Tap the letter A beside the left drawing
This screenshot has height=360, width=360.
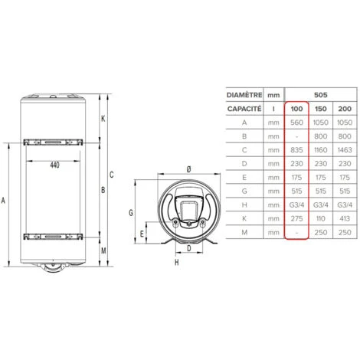pyautogui.click(x=5, y=201)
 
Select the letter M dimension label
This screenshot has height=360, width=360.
pyautogui.click(x=104, y=250)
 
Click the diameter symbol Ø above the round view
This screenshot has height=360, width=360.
pyautogui.click(x=188, y=169)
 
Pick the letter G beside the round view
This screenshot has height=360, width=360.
pyautogui.click(x=132, y=211)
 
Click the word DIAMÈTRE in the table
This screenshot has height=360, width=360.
pyautogui.click(x=244, y=94)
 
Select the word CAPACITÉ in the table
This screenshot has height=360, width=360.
pyautogui.click(x=244, y=110)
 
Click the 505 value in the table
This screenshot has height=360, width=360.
pyautogui.click(x=322, y=94)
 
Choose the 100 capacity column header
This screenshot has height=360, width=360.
pyautogui.click(x=296, y=110)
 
